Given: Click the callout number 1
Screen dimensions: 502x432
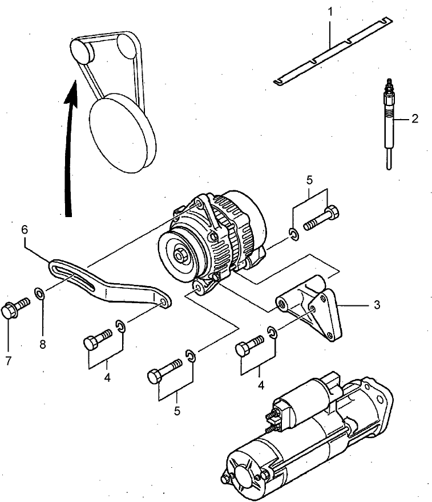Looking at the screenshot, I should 330,10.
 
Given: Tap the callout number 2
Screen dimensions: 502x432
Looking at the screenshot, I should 415,119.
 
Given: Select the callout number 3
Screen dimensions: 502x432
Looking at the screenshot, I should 377,305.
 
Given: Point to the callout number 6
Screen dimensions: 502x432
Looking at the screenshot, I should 25,230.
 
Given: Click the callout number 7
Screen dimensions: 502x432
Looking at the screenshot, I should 9,361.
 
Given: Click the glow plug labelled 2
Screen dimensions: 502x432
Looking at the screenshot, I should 388,123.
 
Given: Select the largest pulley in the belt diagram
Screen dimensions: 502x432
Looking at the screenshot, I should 121,134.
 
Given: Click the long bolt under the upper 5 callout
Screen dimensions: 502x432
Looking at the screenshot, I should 322,220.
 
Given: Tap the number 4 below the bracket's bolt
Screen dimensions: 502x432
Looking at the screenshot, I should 261,385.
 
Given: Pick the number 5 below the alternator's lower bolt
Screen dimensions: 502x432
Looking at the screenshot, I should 177,410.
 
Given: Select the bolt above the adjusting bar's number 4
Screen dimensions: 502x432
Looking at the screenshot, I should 98,340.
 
